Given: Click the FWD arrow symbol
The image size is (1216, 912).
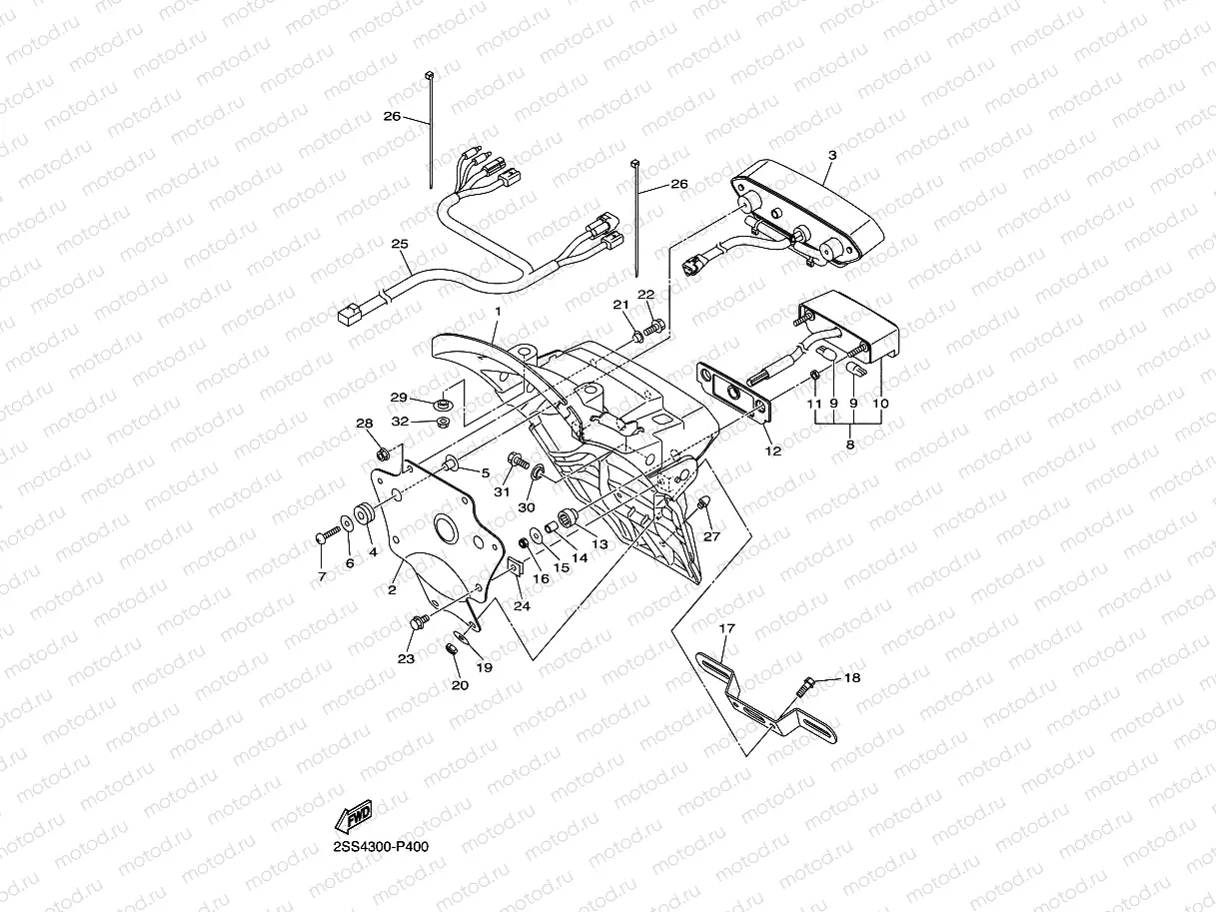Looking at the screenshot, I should tap(354, 816).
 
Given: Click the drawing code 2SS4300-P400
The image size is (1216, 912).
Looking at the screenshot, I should tap(383, 845).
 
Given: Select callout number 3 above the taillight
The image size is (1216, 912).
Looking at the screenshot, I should tap(831, 155).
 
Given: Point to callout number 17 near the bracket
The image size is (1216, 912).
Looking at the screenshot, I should tap(726, 628).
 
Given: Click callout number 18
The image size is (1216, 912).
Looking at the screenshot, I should tap(851, 677).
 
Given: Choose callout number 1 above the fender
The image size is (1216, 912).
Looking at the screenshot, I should tap(497, 313).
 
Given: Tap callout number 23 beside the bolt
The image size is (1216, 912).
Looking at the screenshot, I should tap(406, 658).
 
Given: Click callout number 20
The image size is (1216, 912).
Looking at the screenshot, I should tap(460, 685).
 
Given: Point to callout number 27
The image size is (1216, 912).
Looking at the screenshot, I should tap(711, 536).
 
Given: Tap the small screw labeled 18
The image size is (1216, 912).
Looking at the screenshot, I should tap(805, 686).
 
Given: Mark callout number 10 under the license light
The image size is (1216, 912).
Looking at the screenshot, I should tap(880, 403).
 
